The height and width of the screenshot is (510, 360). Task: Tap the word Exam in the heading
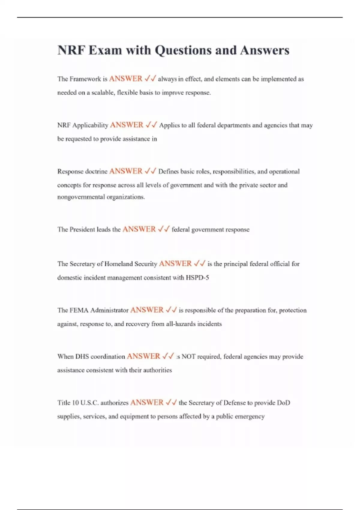coord(105,50)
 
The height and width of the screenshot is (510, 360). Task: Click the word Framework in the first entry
coord(85,79)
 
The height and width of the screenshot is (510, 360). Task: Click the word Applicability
coord(90,125)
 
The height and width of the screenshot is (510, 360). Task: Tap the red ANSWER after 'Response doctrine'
coord(126,171)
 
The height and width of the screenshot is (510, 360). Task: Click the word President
coord(82,229)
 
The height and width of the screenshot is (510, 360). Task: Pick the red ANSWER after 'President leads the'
coord(139,229)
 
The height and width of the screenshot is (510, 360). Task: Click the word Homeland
coord(118,264)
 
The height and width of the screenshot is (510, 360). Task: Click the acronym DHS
coord(82,357)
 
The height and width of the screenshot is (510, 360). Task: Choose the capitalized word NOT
coord(188,357)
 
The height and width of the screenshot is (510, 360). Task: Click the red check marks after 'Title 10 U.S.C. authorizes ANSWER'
coord(171,402)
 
